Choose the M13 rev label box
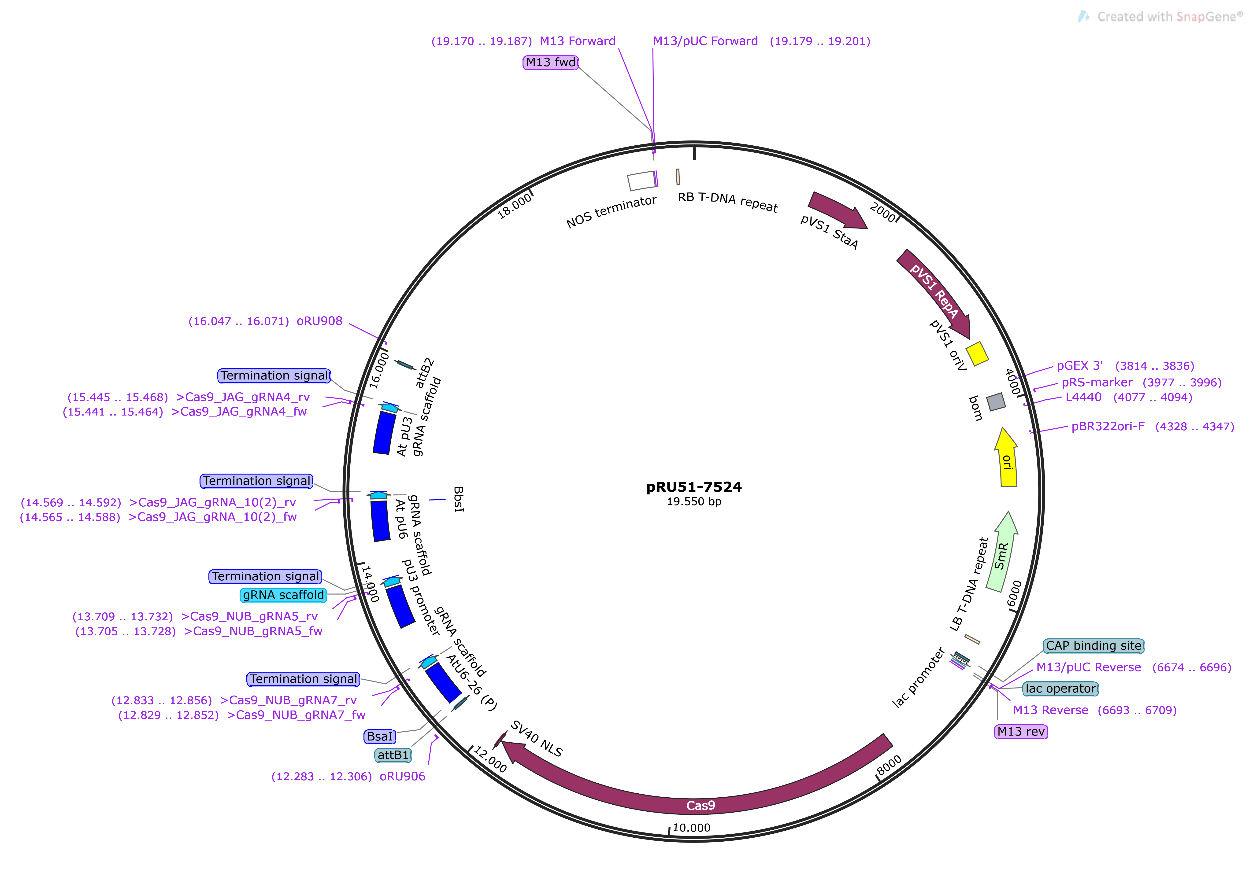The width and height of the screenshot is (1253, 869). [1020, 731]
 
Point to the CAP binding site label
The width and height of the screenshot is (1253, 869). [1093, 646]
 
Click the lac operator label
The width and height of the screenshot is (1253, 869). [1060, 689]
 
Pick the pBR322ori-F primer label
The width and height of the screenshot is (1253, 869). [1108, 426]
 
